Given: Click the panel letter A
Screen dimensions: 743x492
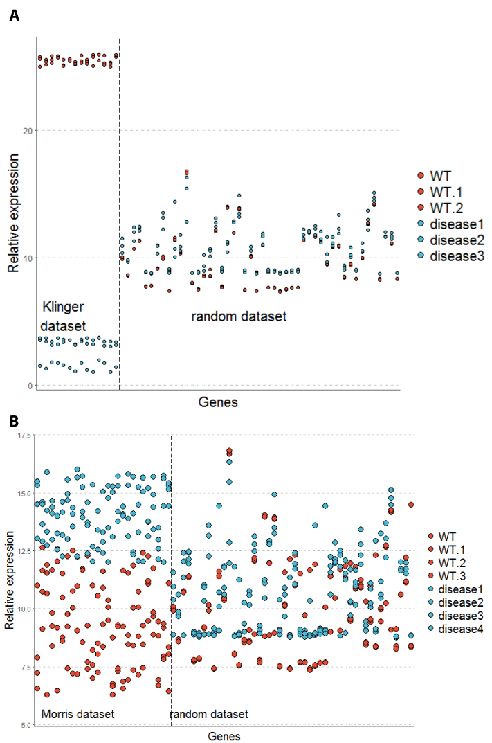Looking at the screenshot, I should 14,15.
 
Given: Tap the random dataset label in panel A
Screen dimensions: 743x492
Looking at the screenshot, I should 238,316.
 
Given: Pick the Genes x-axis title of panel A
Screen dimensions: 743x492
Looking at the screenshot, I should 218,402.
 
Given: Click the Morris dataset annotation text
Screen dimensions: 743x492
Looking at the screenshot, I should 78,713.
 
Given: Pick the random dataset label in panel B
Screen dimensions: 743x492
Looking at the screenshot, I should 208,713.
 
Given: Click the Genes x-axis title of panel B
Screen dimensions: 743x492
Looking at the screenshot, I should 224,736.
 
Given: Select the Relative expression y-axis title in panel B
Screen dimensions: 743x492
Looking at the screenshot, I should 9,580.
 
